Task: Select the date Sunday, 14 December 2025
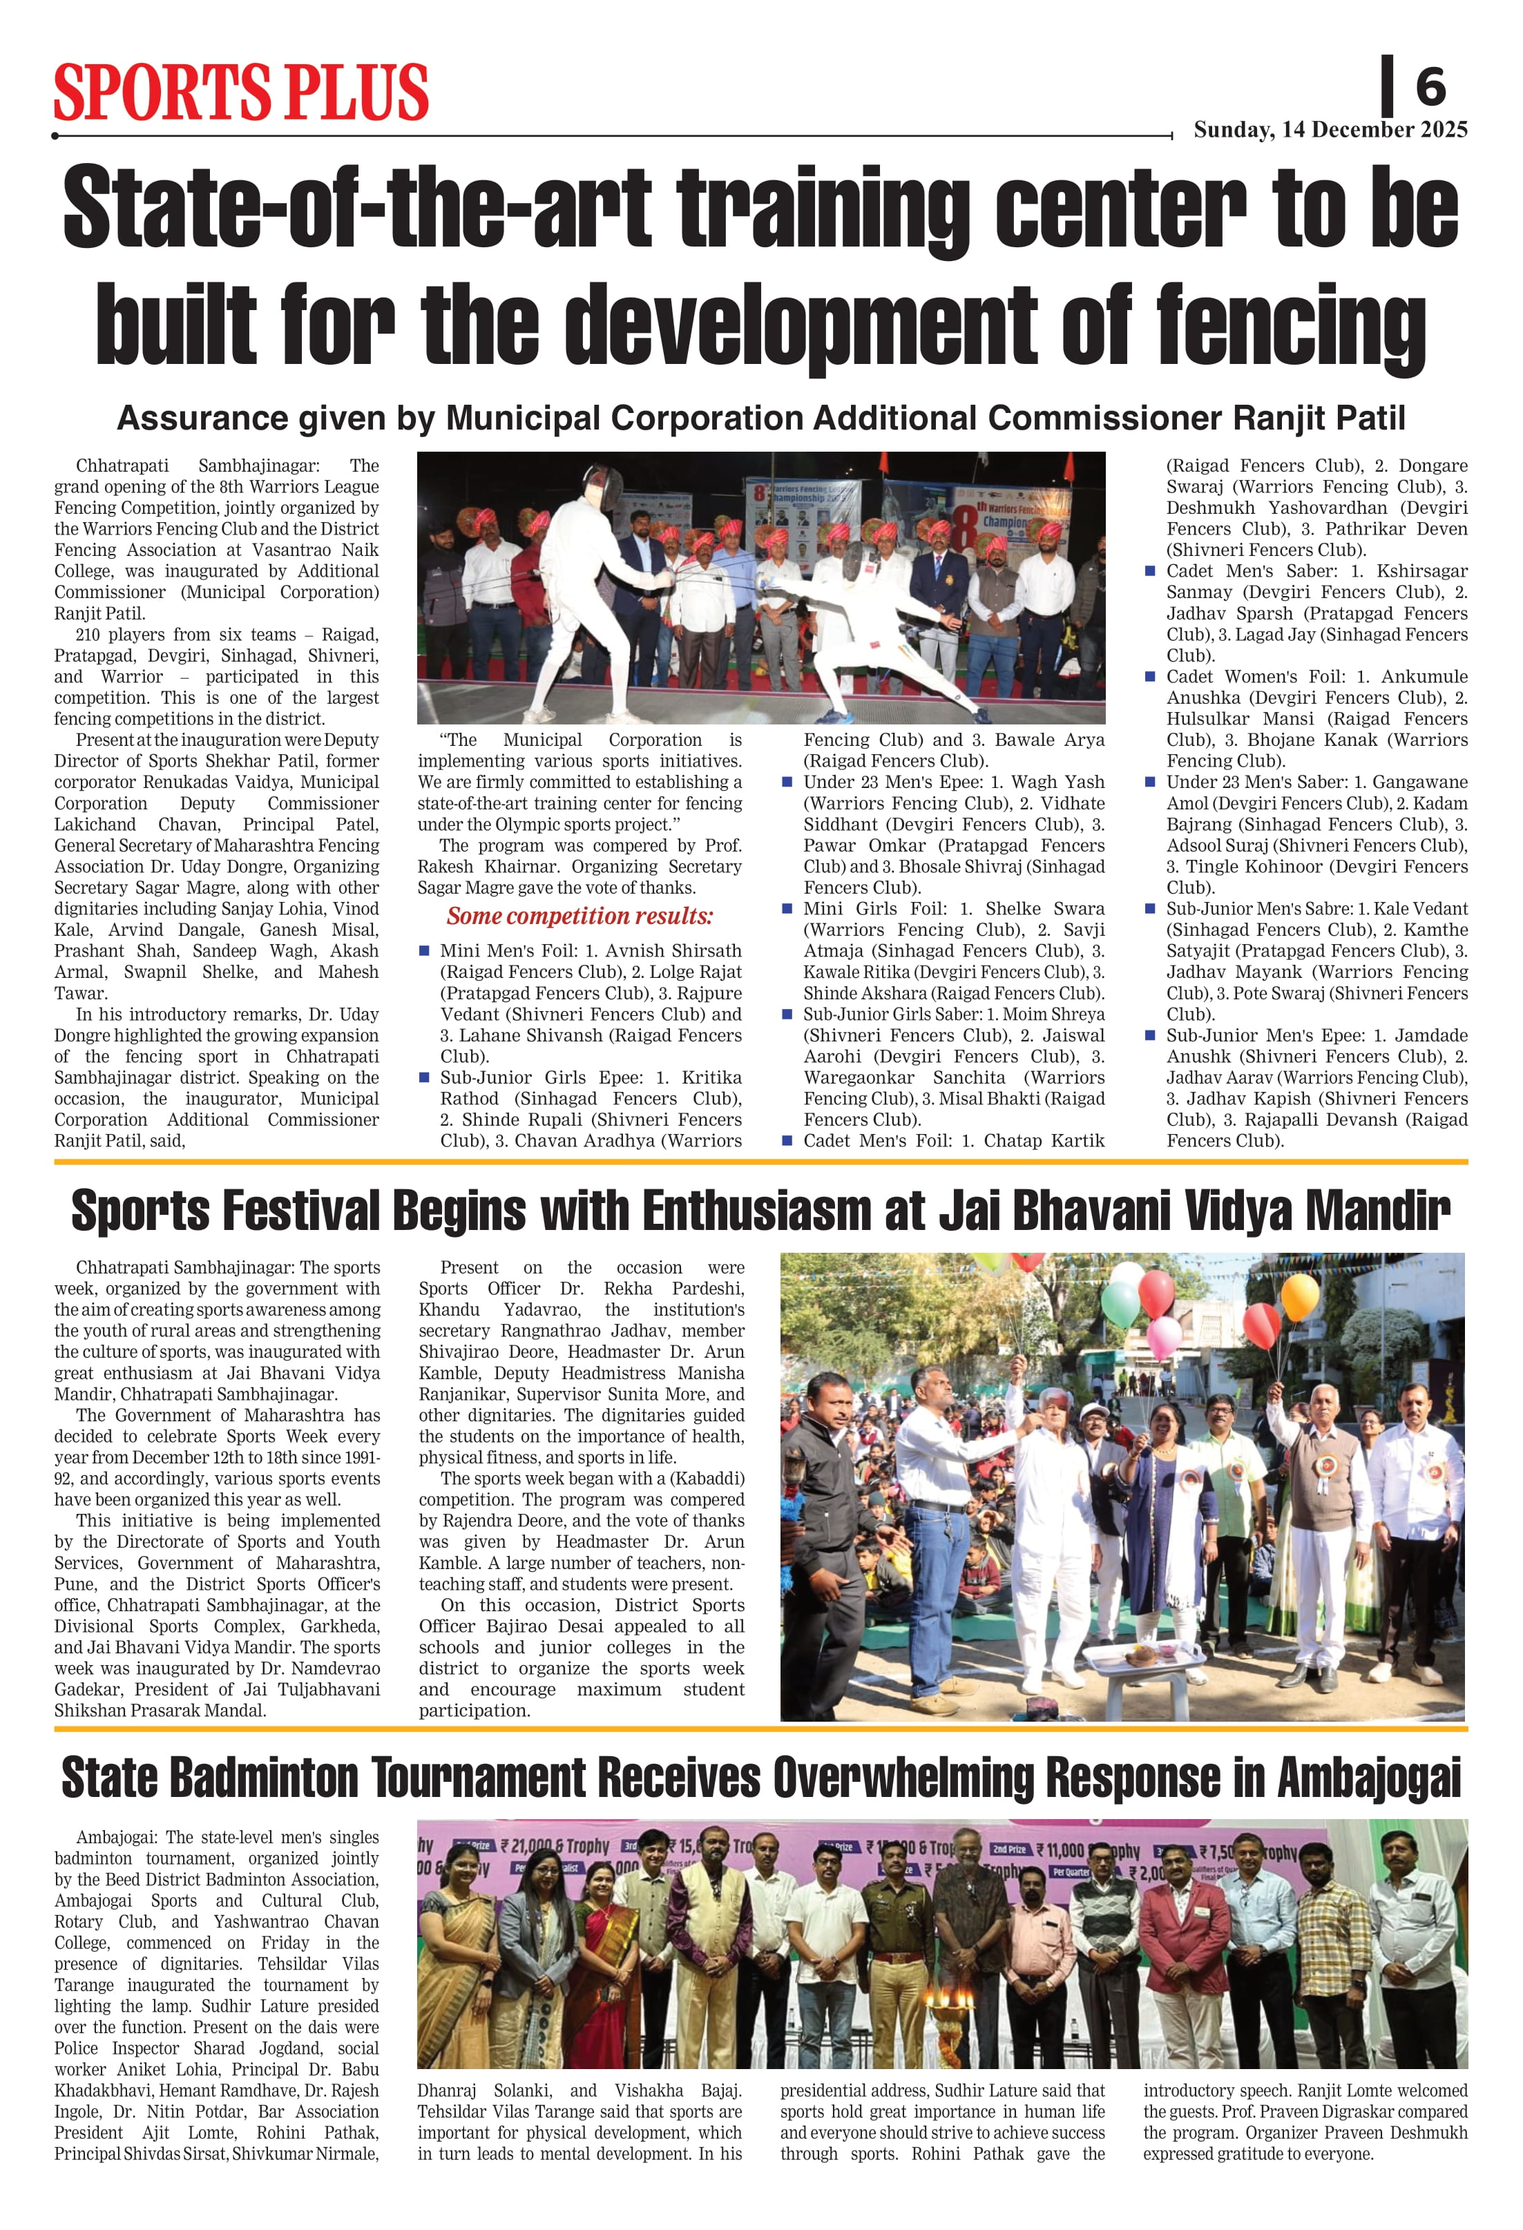(x=1330, y=130)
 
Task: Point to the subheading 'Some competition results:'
(x=579, y=916)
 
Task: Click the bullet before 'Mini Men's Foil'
(x=424, y=951)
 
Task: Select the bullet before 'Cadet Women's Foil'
(x=1150, y=677)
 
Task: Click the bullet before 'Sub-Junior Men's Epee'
(x=1150, y=1035)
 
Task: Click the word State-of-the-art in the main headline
(x=357, y=209)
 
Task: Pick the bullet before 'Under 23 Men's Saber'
(x=1150, y=782)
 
